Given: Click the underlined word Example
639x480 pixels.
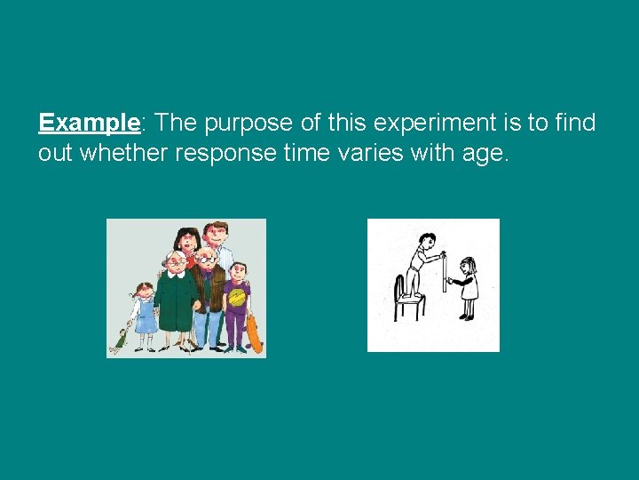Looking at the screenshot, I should [89, 122].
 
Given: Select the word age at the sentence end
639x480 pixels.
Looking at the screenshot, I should [482, 155].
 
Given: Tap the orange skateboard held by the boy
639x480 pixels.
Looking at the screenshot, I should [254, 334].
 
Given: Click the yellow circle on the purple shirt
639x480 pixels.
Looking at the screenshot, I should [236, 299].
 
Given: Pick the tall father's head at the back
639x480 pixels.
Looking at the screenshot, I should [216, 235].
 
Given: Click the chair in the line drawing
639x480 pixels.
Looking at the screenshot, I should [408, 298].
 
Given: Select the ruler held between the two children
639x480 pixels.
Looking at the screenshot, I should [443, 271].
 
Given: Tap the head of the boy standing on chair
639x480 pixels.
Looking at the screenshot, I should [428, 240].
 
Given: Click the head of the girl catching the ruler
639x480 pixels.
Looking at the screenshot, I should [468, 266].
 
